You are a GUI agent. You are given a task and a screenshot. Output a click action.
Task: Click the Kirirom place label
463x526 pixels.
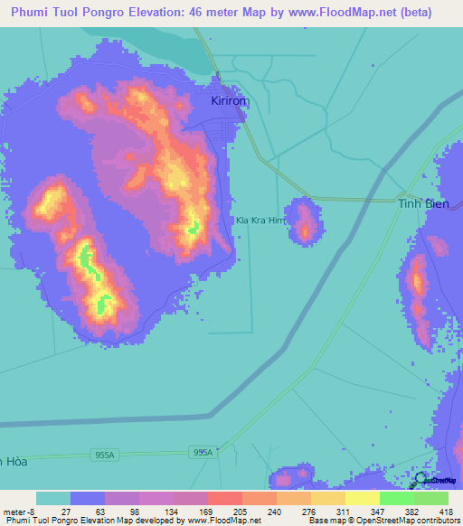(230, 101)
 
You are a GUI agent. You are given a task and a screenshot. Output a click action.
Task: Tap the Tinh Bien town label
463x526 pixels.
(423, 204)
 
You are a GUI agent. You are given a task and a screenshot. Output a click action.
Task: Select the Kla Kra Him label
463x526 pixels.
(260, 220)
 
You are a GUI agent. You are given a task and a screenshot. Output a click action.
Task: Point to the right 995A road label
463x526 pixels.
(203, 453)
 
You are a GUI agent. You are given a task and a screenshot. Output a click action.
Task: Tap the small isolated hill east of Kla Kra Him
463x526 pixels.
(305, 221)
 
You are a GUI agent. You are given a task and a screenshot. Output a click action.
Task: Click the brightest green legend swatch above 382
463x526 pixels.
(397, 498)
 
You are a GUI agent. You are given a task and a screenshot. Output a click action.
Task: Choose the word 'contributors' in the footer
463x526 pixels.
(439, 521)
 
